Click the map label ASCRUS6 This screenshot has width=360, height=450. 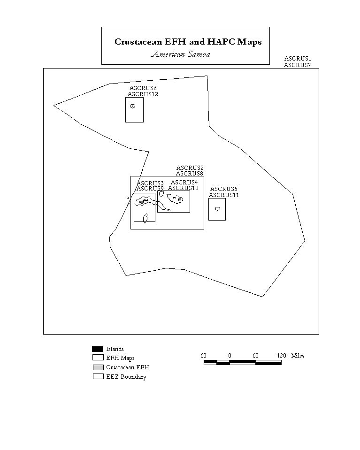143,88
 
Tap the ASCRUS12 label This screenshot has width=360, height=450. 143,94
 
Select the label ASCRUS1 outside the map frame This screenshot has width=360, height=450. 298,59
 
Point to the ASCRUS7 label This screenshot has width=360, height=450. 298,65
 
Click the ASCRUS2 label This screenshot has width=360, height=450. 190,168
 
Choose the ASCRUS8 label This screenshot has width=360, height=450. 190,173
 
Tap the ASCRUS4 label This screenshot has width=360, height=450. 184,182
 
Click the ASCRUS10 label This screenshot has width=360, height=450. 183,188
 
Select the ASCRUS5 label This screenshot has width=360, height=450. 223,189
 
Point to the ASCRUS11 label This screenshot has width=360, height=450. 223,195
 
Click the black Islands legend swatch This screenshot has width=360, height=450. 98,349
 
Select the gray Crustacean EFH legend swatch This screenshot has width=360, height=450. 98,367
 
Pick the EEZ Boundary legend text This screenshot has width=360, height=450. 126,376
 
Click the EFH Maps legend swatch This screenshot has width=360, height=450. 98,358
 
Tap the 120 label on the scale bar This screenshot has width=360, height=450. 281,356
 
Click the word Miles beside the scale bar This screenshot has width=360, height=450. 298,356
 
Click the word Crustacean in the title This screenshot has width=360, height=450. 138,42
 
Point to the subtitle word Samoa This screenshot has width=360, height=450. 199,54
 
